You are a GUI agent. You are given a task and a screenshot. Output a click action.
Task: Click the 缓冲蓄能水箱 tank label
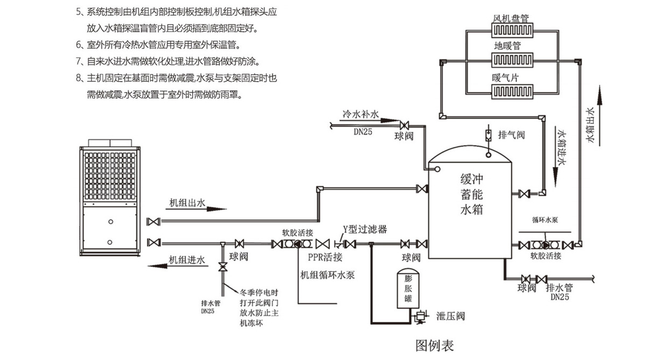472,193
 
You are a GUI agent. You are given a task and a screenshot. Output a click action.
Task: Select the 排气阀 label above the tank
511,135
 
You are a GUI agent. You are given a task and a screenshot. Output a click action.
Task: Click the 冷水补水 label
361,115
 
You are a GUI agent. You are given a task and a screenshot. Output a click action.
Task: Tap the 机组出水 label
187,203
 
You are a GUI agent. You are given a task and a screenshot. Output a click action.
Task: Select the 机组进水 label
187,260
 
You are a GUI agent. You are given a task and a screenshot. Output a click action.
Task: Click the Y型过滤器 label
365,229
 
